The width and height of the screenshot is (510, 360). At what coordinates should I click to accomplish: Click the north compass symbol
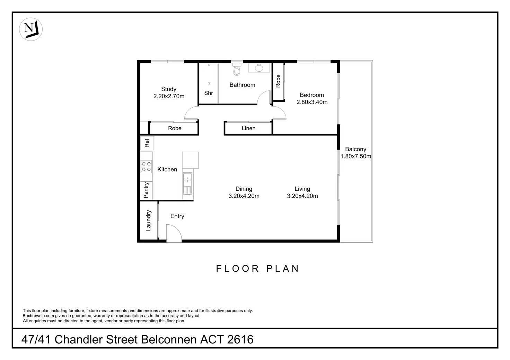click(x=30, y=29)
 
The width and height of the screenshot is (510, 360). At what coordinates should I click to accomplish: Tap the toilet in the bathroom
click(x=237, y=70)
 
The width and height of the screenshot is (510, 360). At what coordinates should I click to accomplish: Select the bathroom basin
click(x=259, y=68)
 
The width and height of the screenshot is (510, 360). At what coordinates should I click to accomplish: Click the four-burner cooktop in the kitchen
click(x=146, y=166)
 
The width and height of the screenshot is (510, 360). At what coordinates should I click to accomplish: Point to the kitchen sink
click(x=187, y=184)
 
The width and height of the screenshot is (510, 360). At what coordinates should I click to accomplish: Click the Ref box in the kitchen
click(x=147, y=143)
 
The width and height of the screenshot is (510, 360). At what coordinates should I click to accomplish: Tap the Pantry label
click(x=146, y=190)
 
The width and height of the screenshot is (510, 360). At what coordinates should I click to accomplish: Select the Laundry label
click(x=149, y=221)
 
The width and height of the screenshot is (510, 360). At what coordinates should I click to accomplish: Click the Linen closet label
click(x=248, y=128)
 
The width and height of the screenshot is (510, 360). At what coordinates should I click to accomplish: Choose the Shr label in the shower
click(x=209, y=93)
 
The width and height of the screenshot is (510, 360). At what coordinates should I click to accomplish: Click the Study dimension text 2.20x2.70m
click(x=169, y=96)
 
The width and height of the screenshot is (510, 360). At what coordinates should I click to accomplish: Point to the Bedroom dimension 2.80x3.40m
click(x=312, y=102)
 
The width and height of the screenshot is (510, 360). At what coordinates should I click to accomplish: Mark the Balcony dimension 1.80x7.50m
click(x=356, y=156)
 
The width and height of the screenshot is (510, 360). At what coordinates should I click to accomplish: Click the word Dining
click(x=244, y=189)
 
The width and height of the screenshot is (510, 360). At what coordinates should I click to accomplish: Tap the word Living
click(x=302, y=189)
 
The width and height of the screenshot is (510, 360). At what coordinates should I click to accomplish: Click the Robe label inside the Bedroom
click(x=278, y=81)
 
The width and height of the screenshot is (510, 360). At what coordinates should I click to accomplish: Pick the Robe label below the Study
click(x=175, y=128)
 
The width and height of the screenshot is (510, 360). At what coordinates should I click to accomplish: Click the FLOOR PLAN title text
click(x=257, y=269)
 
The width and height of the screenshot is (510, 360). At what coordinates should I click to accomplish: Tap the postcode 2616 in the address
click(x=240, y=339)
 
